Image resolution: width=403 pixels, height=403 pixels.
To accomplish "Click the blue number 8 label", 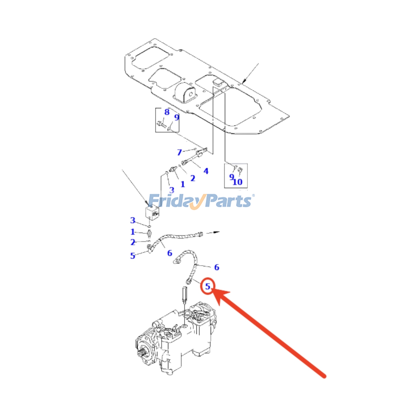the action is tap(167, 112).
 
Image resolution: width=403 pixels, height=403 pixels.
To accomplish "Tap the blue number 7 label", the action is tap(179, 152).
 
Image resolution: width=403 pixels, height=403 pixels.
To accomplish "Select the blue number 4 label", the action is tap(206, 171).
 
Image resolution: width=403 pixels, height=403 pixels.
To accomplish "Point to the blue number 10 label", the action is tap(238, 182).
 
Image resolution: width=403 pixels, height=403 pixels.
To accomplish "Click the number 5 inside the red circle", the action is tap(208, 286).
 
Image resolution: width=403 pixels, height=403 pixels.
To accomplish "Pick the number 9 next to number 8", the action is tap(177, 117).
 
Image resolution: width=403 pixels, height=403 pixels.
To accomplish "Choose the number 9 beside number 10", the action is tap(231, 177).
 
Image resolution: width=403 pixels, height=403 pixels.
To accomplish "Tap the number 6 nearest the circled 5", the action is tap(217, 267).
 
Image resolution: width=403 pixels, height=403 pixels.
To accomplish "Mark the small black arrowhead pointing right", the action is tap(217, 232).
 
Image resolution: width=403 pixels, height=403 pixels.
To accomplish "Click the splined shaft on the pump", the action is tap(142, 352).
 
